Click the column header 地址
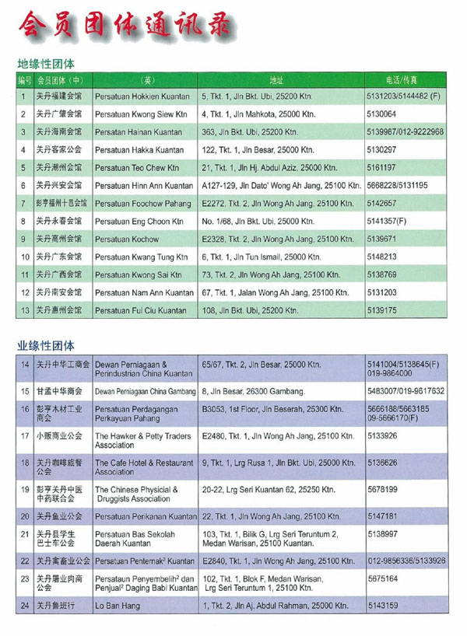tap(276, 80)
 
